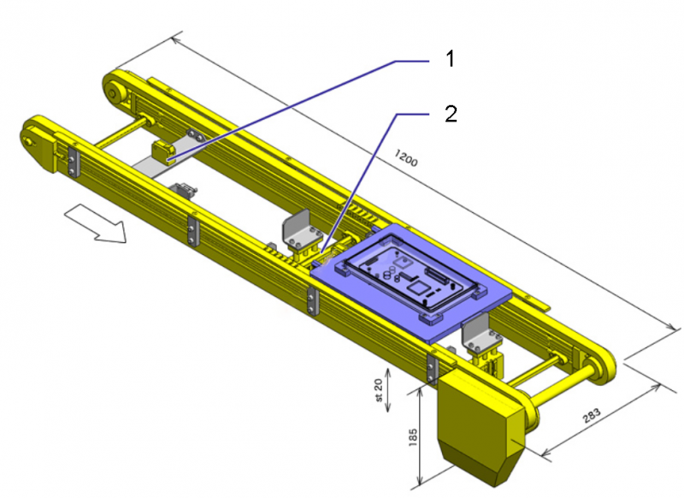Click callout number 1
(451, 58)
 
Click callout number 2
(451, 114)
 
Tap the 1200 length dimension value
(405, 157)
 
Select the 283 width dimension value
(592, 416)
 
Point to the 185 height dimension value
(413, 437)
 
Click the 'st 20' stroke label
(378, 390)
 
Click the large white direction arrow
(95, 224)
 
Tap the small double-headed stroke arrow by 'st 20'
(388, 390)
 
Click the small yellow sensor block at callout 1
(163, 152)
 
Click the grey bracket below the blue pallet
(476, 329)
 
